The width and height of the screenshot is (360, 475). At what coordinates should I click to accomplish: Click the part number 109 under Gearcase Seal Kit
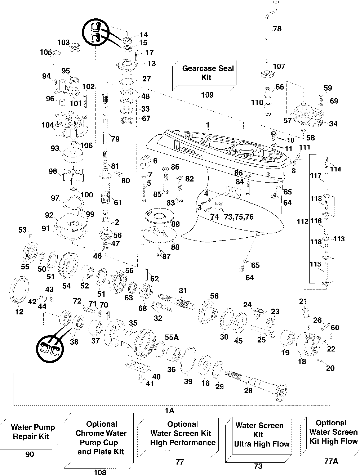coord(207,95)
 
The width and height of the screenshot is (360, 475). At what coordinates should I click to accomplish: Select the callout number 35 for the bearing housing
coord(133,323)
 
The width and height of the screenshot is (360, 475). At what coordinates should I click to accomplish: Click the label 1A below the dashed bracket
coord(169,410)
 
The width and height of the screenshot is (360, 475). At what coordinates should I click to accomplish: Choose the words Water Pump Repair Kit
coord(32,432)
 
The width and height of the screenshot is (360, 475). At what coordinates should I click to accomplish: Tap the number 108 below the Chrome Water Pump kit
coord(100,472)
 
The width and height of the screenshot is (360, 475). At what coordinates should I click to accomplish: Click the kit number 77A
coord(331,461)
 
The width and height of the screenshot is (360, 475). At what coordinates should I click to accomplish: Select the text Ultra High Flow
coord(262,444)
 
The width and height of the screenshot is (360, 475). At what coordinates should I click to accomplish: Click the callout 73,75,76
coord(239,217)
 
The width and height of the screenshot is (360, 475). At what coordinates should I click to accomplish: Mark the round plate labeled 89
coord(159,216)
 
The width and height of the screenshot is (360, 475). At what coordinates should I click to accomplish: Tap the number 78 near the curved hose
coord(277,29)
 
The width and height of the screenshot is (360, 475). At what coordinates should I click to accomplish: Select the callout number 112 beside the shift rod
coord(302,221)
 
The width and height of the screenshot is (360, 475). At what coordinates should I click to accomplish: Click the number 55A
coord(172,337)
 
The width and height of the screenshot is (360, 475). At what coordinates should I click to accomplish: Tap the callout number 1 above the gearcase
coord(208,125)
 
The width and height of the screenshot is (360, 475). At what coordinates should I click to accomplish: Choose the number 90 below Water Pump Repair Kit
coord(30,454)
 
